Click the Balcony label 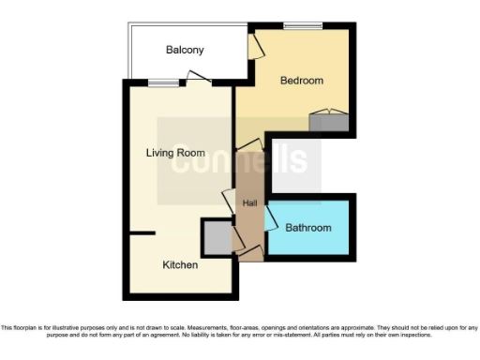pyautogui.click(x=185, y=50)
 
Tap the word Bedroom pyautogui.click(x=302, y=81)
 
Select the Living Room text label pyautogui.click(x=175, y=153)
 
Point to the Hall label pyautogui.click(x=249, y=203)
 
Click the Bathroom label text pyautogui.click(x=308, y=228)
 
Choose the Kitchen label pyautogui.click(x=180, y=265)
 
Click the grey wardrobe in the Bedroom pyautogui.click(x=328, y=121)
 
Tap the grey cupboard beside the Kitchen pyautogui.click(x=217, y=237)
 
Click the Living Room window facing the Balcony pyautogui.click(x=164, y=82)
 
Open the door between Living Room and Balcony pyautogui.click(x=196, y=78)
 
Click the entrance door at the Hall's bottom pyautogui.click(x=250, y=250)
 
